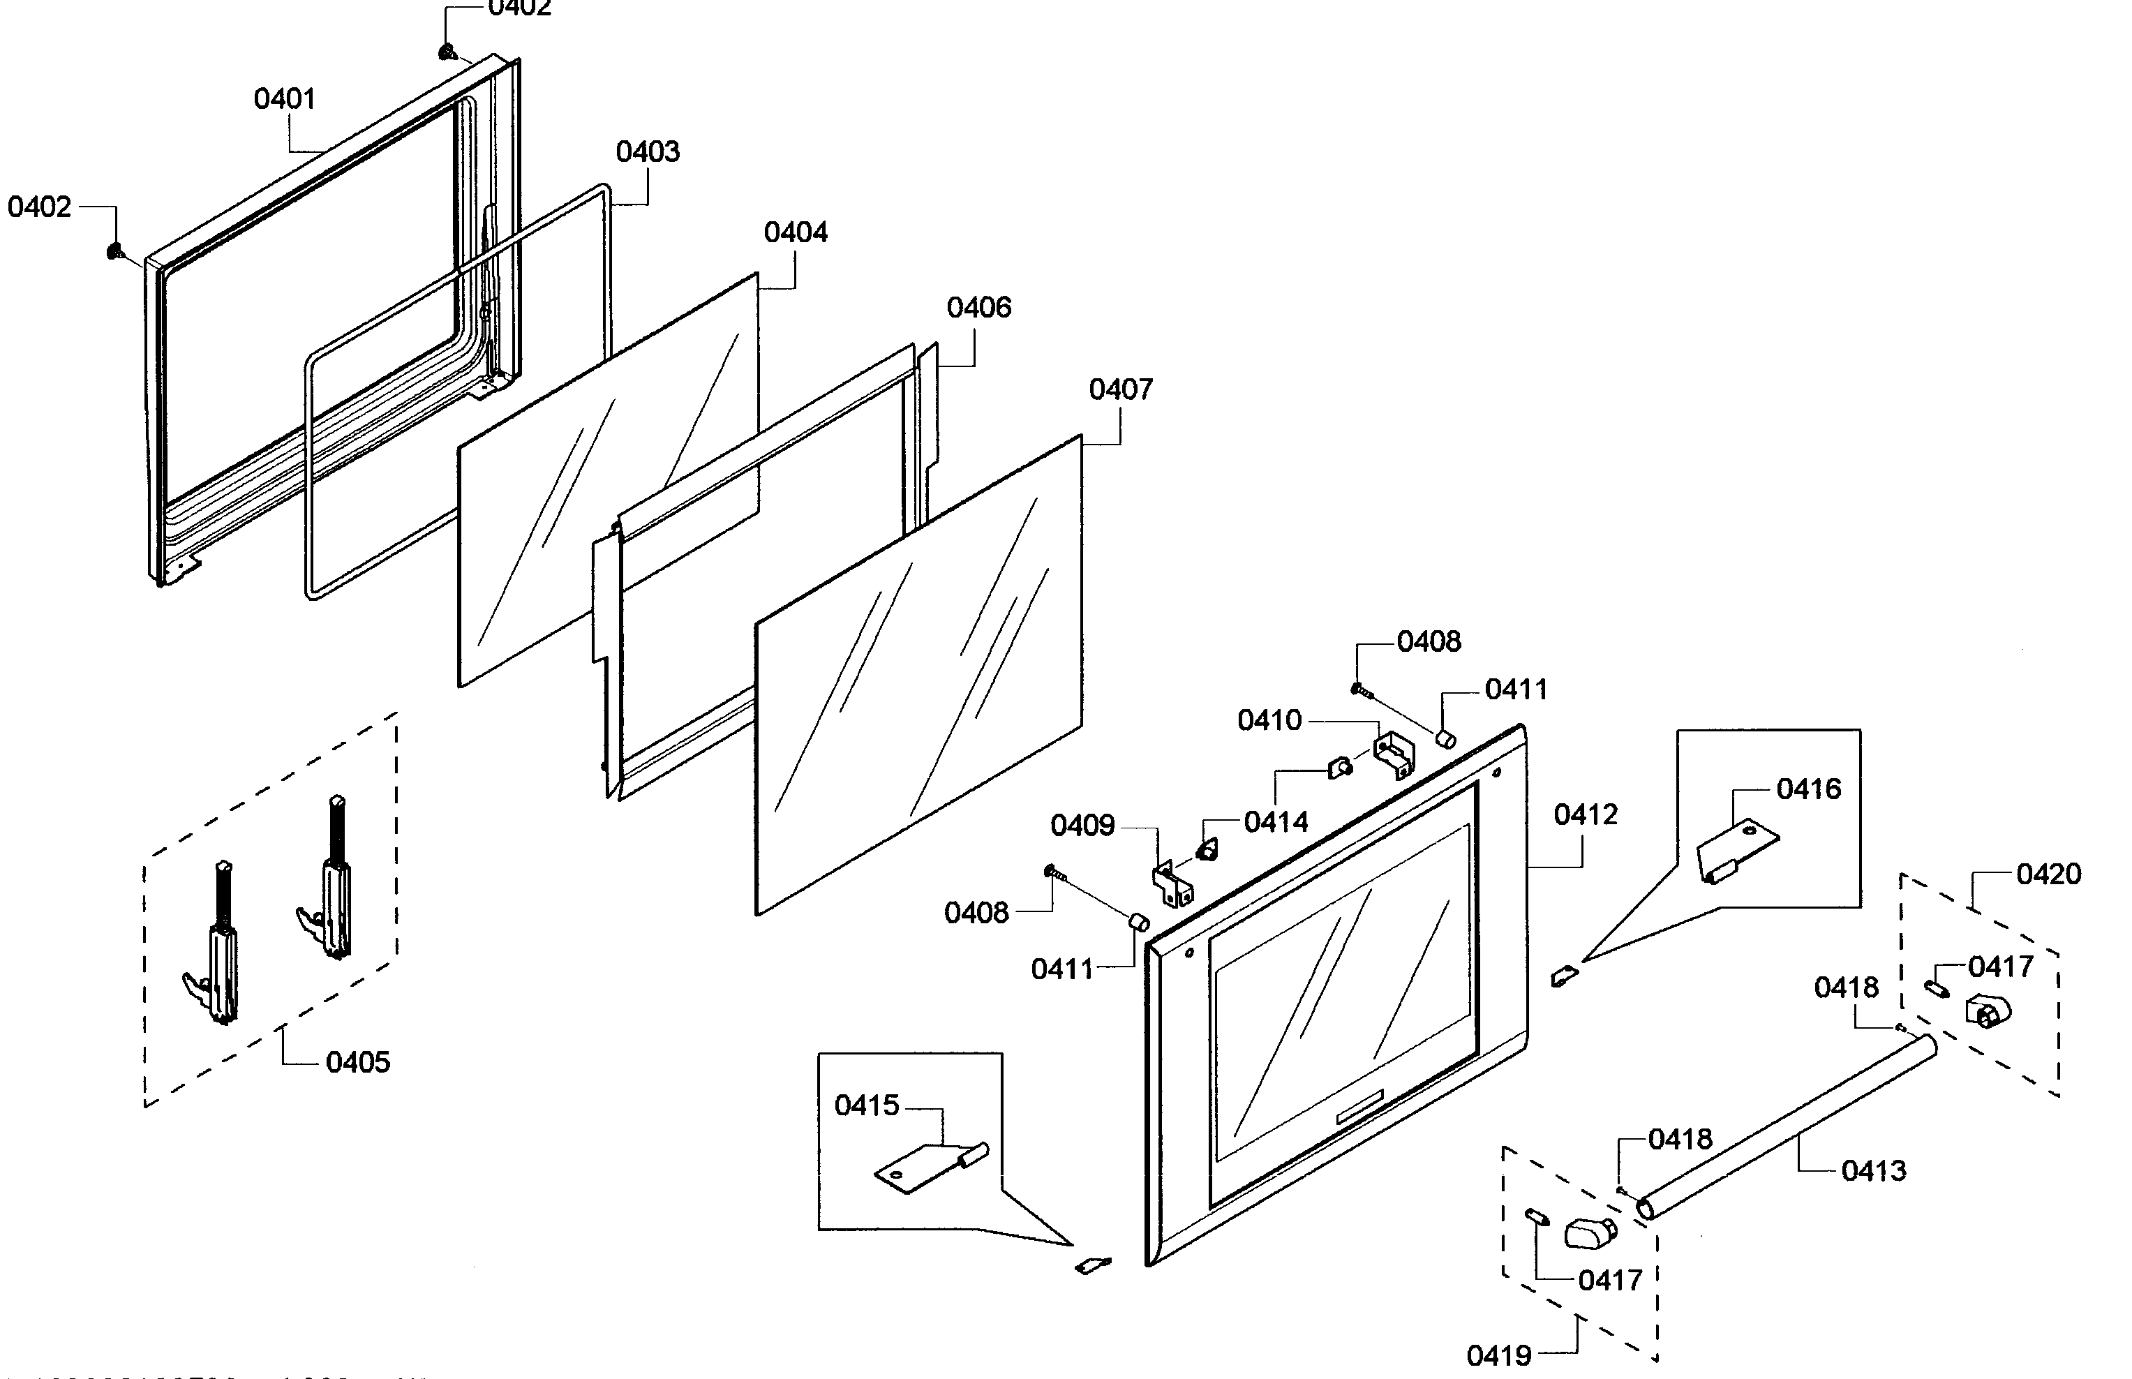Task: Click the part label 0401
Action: pyautogui.click(x=284, y=98)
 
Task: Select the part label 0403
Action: pyautogui.click(x=648, y=151)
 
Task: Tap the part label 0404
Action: pyautogui.click(x=795, y=233)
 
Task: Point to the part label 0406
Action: pyautogui.click(x=978, y=308)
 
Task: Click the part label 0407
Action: pyautogui.click(x=1120, y=389)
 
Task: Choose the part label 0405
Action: pyautogui.click(x=357, y=1063)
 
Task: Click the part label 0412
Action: pyautogui.click(x=1585, y=815)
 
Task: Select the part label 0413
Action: pyautogui.click(x=1873, y=1170)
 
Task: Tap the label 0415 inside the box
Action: pyautogui.click(x=866, y=1106)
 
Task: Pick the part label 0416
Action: pyautogui.click(x=1808, y=789)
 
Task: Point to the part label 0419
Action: pyautogui.click(x=1498, y=1356)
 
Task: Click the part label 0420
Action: pyautogui.click(x=2048, y=874)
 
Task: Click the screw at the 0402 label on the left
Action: pyautogui.click(x=114, y=252)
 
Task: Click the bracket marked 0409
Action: pyautogui.click(x=1171, y=883)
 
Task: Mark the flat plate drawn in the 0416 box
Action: pyautogui.click(x=1737, y=849)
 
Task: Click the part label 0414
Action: pyautogui.click(x=1275, y=822)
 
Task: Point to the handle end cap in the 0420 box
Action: pyautogui.click(x=1987, y=1012)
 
